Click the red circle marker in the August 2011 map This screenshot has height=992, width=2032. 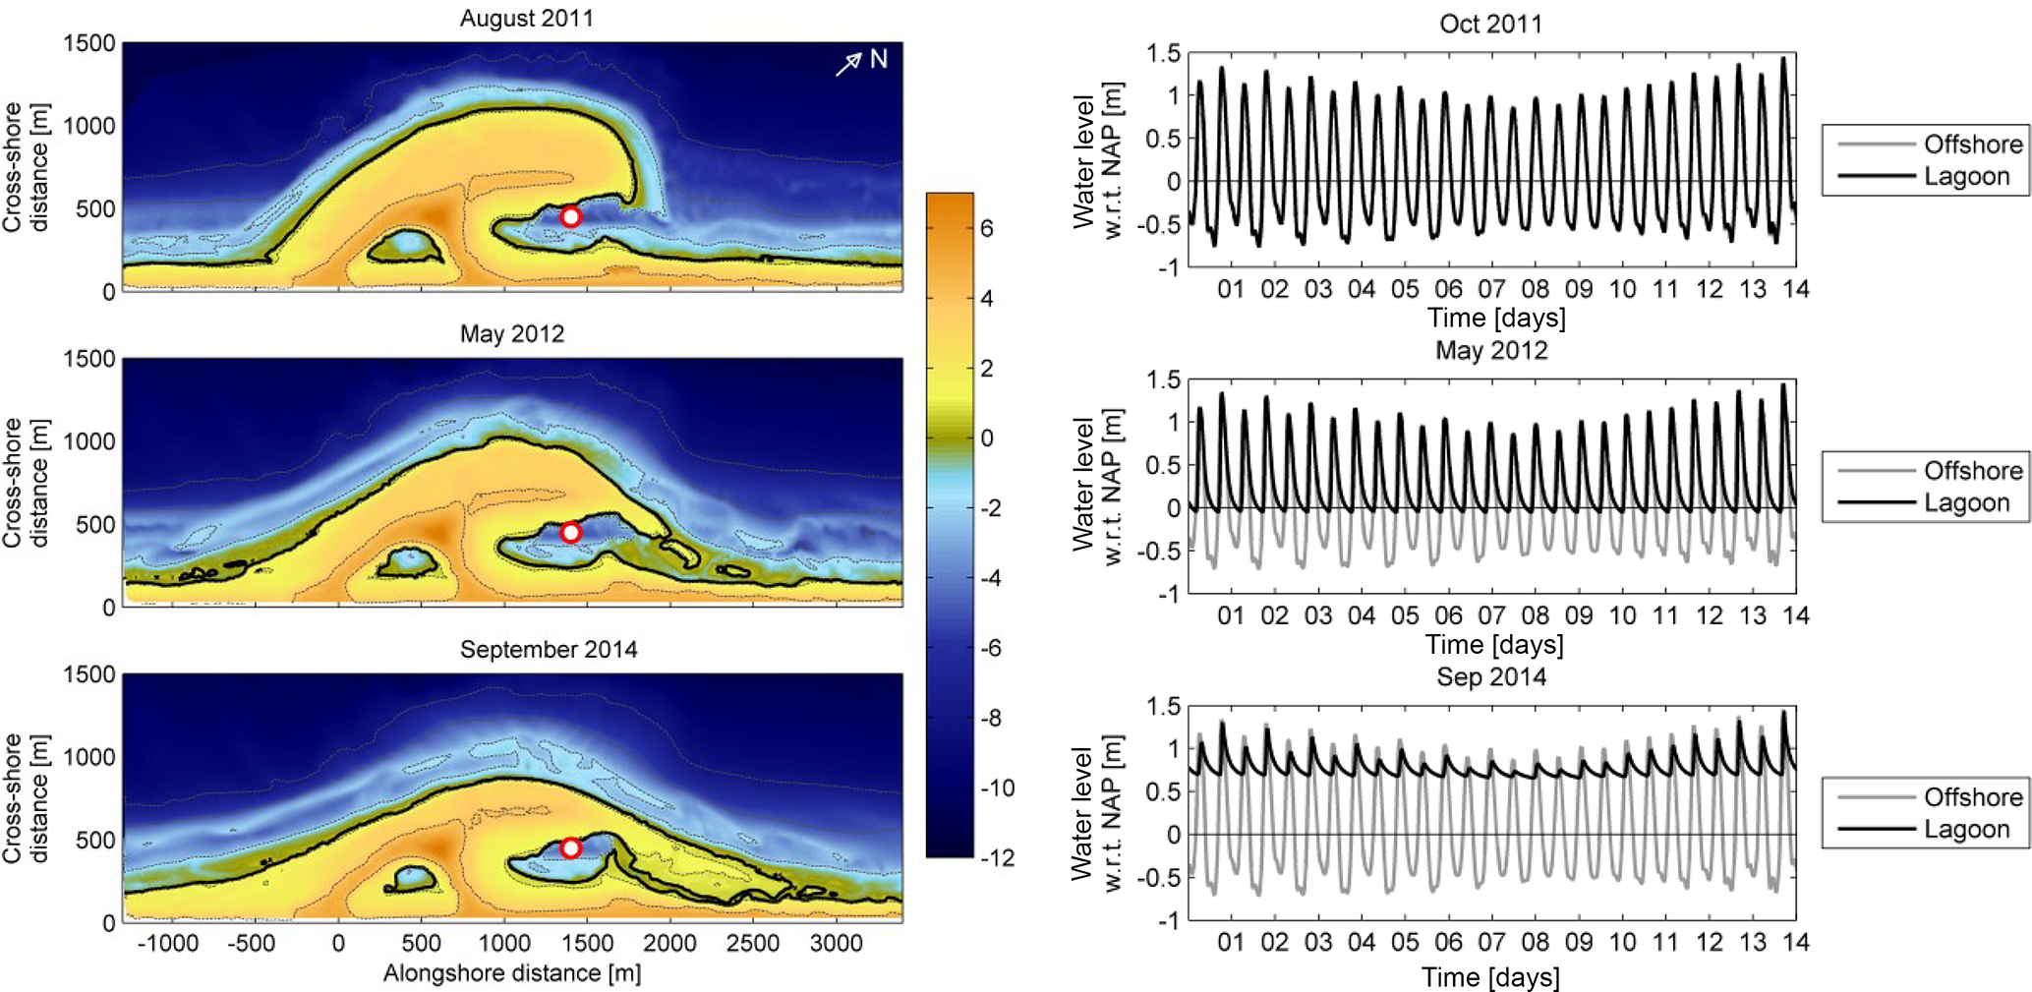[x=570, y=216]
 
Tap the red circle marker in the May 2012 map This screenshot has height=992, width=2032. [x=570, y=532]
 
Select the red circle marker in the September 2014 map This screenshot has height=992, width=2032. [x=570, y=847]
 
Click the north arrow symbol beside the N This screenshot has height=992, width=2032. [x=848, y=64]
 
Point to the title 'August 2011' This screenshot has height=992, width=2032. [x=526, y=19]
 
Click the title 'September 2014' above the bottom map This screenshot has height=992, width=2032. [x=549, y=650]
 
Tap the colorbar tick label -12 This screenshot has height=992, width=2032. [x=997, y=858]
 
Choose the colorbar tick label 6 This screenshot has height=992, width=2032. [x=987, y=228]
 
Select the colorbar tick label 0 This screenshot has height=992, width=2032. [x=987, y=438]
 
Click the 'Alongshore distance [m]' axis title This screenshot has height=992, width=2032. [x=511, y=973]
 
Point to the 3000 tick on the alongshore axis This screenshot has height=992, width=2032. [x=836, y=944]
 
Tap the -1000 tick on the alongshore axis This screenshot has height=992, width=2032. [x=168, y=944]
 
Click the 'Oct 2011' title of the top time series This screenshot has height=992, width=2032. [x=1490, y=24]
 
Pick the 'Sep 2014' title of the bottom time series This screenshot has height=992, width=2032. [x=1490, y=677]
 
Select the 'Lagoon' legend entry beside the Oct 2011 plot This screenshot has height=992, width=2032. [x=1966, y=177]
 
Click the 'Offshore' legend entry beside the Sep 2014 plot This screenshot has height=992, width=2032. [x=1972, y=797]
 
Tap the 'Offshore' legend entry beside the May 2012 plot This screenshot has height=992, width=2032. [x=1972, y=471]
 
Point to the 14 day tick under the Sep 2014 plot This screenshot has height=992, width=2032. [x=1795, y=942]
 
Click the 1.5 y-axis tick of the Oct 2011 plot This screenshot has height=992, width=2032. [x=1163, y=54]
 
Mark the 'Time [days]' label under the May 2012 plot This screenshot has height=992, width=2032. [x=1494, y=645]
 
